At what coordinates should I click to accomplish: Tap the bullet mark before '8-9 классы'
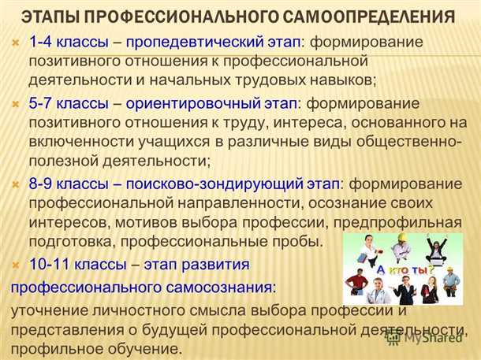coord(17,184)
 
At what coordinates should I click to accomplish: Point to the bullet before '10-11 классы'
coord(17,263)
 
